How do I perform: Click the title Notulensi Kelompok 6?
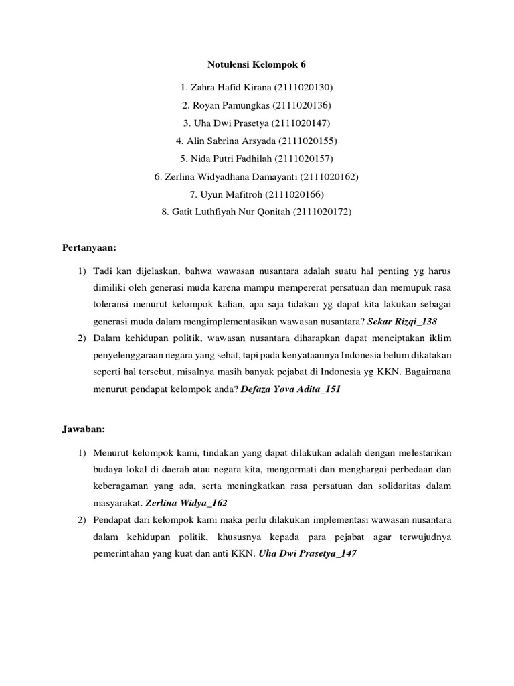[257, 65]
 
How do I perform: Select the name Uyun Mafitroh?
[231, 194]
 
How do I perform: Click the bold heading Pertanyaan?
[89, 248]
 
